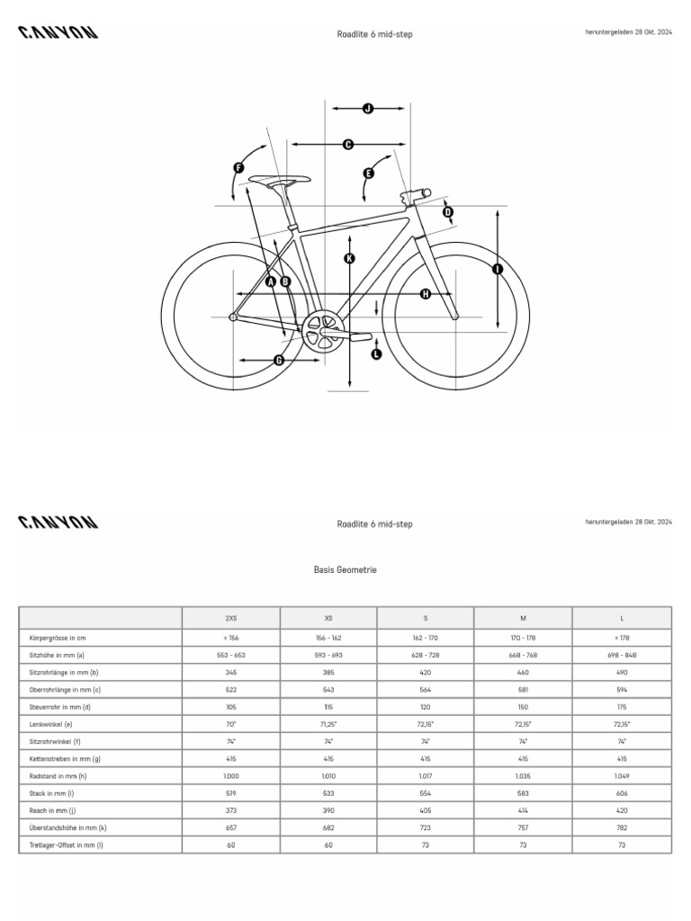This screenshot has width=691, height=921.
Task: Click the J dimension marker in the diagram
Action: point(368,109)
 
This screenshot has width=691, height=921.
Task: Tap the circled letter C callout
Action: point(348,144)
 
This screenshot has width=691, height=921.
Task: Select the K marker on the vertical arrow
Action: point(349,259)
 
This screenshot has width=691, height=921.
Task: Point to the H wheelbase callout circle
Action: point(425,294)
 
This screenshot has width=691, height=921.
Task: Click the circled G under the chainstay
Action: point(279,361)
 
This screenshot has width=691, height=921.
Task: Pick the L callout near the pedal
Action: point(376,353)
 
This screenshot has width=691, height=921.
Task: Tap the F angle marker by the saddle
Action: point(238,167)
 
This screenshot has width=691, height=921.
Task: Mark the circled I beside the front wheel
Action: point(497,268)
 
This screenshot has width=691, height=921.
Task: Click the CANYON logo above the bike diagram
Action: point(58,33)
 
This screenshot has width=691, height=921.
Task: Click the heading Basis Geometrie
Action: point(345,570)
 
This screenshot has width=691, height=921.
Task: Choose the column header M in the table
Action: point(523,618)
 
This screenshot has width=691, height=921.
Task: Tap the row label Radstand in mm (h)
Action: point(58,776)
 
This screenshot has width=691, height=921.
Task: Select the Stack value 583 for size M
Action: point(523,793)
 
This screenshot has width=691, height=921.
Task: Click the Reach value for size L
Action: point(622,810)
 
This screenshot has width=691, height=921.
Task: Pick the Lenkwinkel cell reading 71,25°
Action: point(328,724)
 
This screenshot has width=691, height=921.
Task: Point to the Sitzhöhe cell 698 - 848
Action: point(622,656)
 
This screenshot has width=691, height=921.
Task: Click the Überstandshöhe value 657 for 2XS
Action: point(231,827)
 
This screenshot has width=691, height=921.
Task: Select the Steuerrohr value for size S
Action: point(426,707)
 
